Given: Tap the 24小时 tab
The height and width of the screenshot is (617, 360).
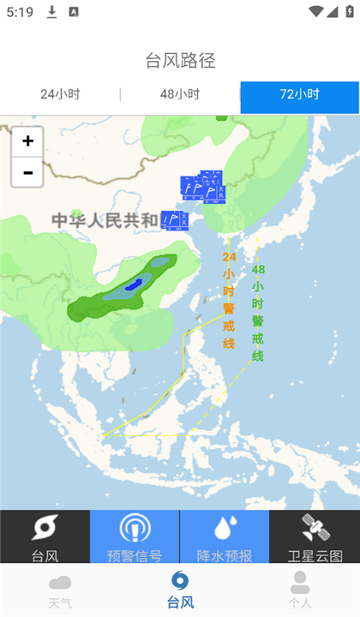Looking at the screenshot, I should pyautogui.click(x=59, y=95).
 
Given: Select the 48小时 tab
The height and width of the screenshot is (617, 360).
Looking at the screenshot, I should pyautogui.click(x=180, y=95).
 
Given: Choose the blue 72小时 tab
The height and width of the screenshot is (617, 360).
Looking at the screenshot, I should pyautogui.click(x=299, y=95).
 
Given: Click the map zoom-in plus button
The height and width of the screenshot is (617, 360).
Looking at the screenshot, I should pyautogui.click(x=27, y=141).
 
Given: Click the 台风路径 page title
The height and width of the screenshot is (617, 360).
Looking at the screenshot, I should pyautogui.click(x=180, y=60).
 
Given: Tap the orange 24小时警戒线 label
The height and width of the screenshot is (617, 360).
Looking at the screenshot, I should pyautogui.click(x=229, y=300).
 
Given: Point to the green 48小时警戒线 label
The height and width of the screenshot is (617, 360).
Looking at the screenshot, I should pyautogui.click(x=258, y=312).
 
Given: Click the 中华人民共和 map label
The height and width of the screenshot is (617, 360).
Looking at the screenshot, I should pyautogui.click(x=105, y=220).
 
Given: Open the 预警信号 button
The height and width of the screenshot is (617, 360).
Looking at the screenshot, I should pyautogui.click(x=135, y=537).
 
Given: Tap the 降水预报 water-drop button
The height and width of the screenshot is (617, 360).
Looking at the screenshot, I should pyautogui.click(x=225, y=537).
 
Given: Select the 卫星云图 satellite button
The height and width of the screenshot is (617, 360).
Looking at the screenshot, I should pyautogui.click(x=315, y=537).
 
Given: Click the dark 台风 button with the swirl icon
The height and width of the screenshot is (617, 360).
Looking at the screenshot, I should pyautogui.click(x=45, y=537).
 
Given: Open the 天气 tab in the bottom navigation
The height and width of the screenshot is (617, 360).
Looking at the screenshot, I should pyautogui.click(x=60, y=590).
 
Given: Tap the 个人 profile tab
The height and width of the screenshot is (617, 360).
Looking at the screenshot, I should pyautogui.click(x=299, y=590).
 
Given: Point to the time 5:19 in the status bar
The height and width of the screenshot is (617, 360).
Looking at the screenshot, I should pyautogui.click(x=18, y=12).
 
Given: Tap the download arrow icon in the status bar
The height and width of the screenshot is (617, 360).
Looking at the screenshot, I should pyautogui.click(x=52, y=12).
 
